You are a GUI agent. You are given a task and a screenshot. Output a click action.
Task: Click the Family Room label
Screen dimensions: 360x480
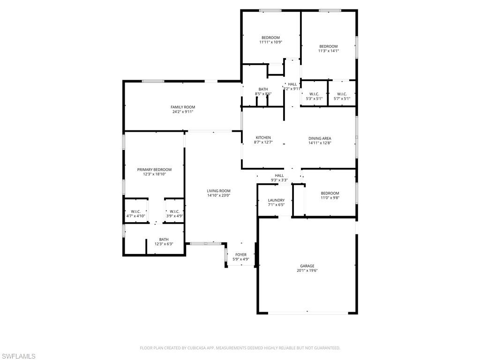pos(183,107)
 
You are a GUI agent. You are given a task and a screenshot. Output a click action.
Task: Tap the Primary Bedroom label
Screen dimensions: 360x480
pos(154,170)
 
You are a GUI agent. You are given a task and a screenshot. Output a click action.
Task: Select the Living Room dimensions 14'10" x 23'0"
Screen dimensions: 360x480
pos(218,195)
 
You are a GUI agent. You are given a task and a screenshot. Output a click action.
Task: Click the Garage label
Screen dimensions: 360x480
pos(307,266)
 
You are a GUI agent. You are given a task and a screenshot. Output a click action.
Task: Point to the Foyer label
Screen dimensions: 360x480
pos(241,255)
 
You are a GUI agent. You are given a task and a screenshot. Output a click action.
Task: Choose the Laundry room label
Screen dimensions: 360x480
pos(276,200)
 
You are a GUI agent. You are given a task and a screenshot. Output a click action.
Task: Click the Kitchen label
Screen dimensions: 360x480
pos(263,138)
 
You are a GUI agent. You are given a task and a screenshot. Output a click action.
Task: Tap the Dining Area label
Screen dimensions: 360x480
pos(320,138)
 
